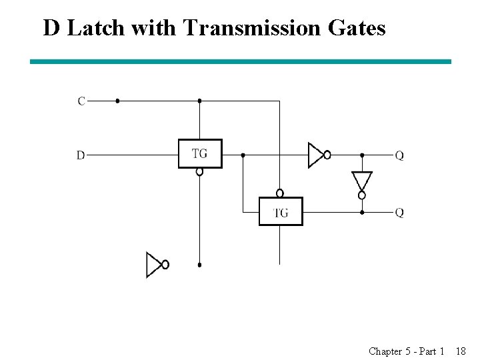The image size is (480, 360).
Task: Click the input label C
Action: pyautogui.click(x=81, y=101)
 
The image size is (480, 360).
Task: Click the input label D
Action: pyautogui.click(x=81, y=155)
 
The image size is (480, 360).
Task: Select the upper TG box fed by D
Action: pyautogui.click(x=200, y=153)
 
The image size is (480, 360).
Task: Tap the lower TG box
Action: pyautogui.click(x=281, y=212)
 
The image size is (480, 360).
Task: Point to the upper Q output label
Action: pyautogui.click(x=399, y=155)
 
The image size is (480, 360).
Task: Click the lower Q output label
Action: pyautogui.click(x=399, y=213)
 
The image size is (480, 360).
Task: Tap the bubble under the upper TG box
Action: pyautogui.click(x=199, y=171)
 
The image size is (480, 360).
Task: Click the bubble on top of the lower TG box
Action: pyautogui.click(x=280, y=193)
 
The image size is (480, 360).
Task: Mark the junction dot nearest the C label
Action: pyautogui.click(x=117, y=101)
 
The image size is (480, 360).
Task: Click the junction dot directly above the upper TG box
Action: pyautogui.click(x=199, y=101)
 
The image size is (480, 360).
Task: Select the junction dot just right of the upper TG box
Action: pyautogui.click(x=243, y=155)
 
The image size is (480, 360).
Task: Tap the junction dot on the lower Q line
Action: pyautogui.click(x=362, y=213)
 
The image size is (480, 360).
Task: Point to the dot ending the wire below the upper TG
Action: pyautogui.click(x=199, y=265)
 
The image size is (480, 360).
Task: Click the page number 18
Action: pyautogui.click(x=461, y=351)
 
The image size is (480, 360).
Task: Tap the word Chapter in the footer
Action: pyautogui.click(x=385, y=351)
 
